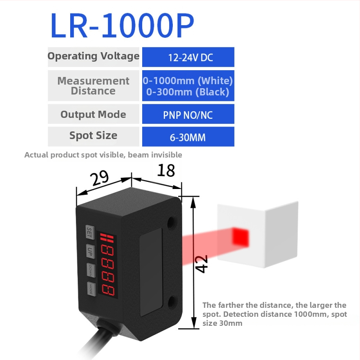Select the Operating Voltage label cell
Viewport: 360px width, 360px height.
click(x=94, y=57)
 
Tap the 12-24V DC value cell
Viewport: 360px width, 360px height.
click(x=188, y=57)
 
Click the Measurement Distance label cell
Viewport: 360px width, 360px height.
click(x=94, y=85)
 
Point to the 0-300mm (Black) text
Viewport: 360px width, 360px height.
click(x=188, y=92)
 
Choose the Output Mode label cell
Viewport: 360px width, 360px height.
click(x=94, y=114)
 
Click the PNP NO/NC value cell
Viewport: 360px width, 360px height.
click(x=188, y=114)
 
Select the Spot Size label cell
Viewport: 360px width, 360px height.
click(x=94, y=136)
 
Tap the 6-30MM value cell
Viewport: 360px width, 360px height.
click(x=188, y=136)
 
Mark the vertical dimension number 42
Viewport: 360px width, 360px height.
click(x=202, y=264)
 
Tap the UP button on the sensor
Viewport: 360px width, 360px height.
click(x=90, y=250)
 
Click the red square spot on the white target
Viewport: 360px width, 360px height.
click(x=240, y=237)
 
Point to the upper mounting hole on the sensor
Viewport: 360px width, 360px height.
click(x=171, y=222)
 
